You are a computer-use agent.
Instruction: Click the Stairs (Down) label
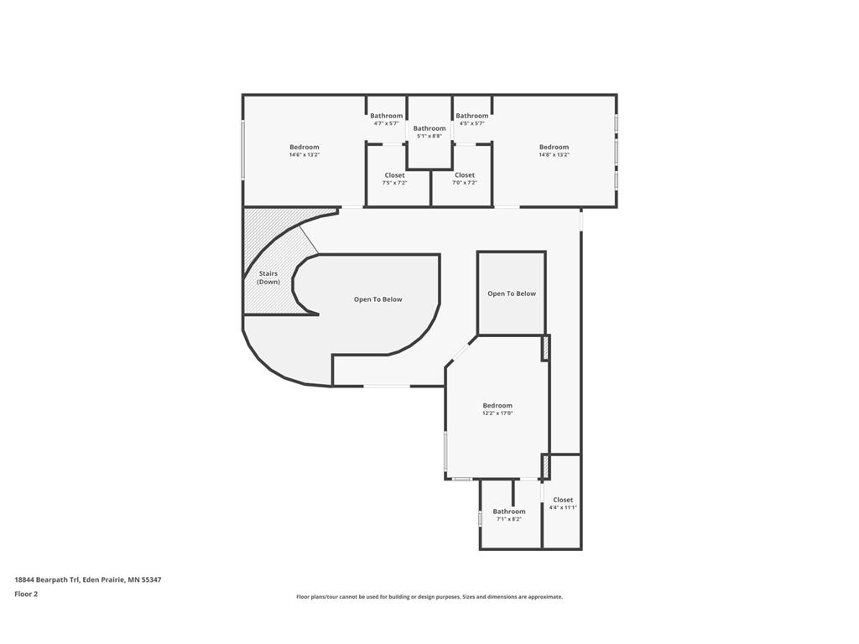coord(268,278)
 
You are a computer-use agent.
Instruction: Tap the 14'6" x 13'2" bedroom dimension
coord(305,155)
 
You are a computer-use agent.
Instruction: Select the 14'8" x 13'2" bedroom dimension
coord(554,155)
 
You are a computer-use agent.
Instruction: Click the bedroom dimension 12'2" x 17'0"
coord(497,413)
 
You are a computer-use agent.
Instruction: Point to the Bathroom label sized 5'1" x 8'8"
coord(429,128)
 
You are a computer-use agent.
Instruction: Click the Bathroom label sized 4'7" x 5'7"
coord(387,116)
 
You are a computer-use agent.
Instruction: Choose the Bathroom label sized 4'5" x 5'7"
coord(472,116)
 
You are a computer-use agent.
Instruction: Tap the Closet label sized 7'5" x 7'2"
coord(394,175)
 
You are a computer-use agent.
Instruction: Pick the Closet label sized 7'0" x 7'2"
coord(465,175)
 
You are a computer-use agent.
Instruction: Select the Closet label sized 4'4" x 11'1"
coord(563,500)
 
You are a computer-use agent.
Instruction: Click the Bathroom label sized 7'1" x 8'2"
coord(509,512)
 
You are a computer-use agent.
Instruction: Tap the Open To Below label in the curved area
coord(377,299)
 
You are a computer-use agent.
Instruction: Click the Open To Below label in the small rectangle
coord(512,293)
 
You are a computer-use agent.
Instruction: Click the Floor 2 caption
coord(26,594)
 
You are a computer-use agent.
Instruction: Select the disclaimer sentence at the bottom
coord(429,597)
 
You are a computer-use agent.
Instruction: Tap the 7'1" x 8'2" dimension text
coord(509,519)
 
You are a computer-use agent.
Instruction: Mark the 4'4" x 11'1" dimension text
coord(563,507)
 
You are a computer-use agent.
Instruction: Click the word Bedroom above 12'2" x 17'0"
coord(497,406)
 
